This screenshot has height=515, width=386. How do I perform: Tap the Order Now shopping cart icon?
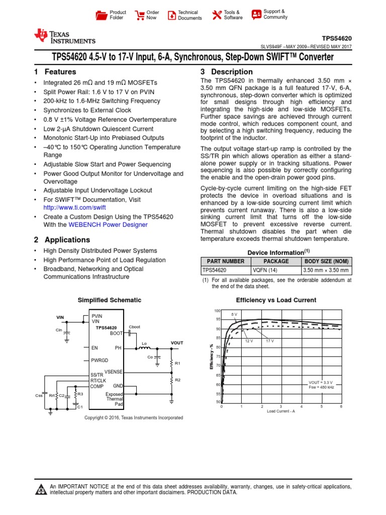pos(140,15)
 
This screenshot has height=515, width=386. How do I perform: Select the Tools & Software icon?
pos(217,15)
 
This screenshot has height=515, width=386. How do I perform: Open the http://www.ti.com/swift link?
pos(74,207)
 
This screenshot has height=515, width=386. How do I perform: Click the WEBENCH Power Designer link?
pos(108,225)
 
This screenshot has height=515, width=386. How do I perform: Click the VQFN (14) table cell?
pos(276,270)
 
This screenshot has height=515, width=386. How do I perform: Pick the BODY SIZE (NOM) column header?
pos(327,261)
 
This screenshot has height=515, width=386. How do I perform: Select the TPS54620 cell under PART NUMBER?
pos(215,270)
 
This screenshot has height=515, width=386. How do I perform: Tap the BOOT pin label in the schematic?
pos(116,333)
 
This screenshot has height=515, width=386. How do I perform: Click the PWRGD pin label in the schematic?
pos(100,361)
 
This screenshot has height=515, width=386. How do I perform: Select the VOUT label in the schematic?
pos(177,342)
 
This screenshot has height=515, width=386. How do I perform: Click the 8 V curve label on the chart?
pos(234,314)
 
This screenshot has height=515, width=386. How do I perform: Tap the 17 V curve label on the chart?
pos(269,340)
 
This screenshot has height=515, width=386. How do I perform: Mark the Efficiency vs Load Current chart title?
pos(276,300)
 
